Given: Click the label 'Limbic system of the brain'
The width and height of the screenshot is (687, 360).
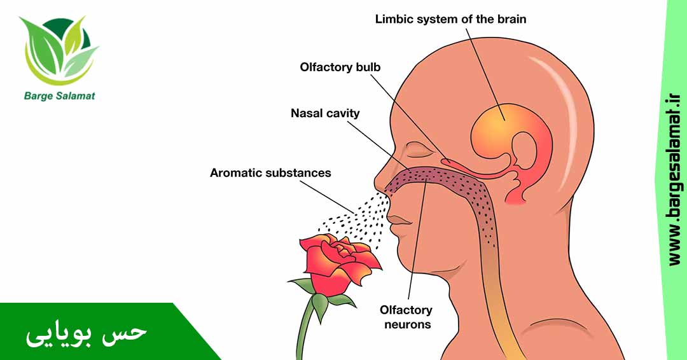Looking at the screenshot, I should click(x=450, y=19).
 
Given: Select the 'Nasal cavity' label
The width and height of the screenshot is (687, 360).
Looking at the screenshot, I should click(x=325, y=113).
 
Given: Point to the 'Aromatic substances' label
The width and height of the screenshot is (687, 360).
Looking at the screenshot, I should click(x=270, y=172).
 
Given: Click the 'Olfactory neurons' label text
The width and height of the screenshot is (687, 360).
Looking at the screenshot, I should click(x=406, y=317).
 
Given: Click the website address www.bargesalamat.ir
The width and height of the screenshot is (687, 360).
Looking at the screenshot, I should click(x=675, y=180).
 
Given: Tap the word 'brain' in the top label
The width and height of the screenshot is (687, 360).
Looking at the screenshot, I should click(x=510, y=19).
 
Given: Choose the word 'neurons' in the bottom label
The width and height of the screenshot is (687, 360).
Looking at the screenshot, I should click(x=406, y=324).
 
